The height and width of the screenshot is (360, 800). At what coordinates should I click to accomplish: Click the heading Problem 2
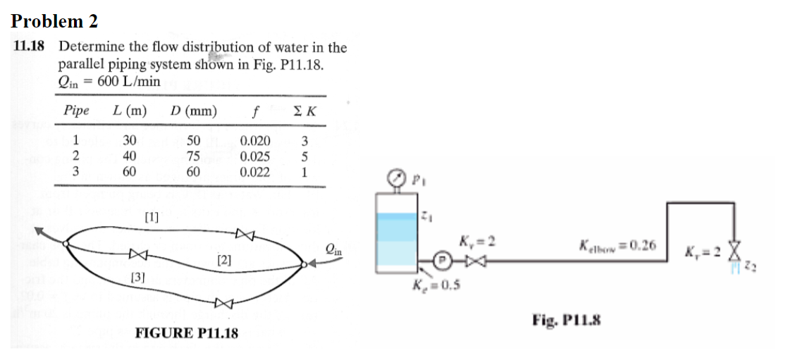54,21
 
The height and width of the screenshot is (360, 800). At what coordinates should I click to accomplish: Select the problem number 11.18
29,47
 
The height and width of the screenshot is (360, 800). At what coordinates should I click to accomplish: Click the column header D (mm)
194,111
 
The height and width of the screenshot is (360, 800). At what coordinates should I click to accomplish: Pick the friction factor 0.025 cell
254,156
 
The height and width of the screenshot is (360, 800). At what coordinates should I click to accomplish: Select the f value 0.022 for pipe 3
254,171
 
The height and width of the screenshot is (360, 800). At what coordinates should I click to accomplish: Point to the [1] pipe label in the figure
151,217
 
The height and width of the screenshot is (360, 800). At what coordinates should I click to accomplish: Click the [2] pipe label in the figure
224,261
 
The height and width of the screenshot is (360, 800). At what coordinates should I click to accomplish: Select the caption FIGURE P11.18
186,333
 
